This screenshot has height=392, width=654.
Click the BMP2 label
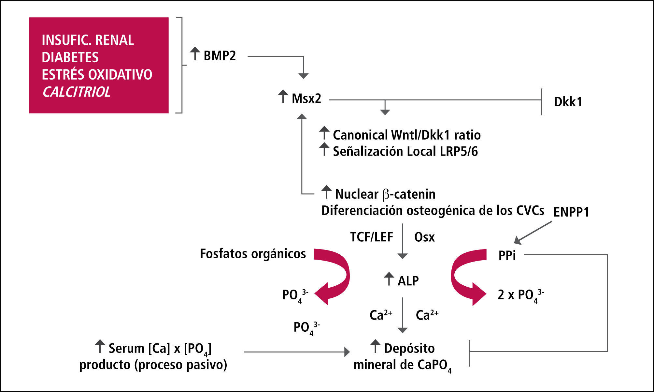click(220, 56)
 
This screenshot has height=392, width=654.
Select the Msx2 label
click(306, 98)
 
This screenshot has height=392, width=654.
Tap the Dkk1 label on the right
click(568, 102)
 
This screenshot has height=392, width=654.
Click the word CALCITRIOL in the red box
click(76, 92)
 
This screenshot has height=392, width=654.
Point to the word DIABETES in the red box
click(70, 57)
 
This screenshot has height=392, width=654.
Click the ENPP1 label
click(571, 212)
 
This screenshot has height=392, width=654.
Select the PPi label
click(507, 256)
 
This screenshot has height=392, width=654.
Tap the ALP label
click(408, 281)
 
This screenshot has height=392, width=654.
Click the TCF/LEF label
click(372, 237)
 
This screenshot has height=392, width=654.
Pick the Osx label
click(424, 237)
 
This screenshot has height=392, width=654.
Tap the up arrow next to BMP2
click(195, 53)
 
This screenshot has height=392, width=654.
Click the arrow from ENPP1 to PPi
click(533, 233)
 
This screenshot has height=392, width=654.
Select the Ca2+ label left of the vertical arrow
click(381, 315)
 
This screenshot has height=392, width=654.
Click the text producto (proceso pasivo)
click(153, 365)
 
